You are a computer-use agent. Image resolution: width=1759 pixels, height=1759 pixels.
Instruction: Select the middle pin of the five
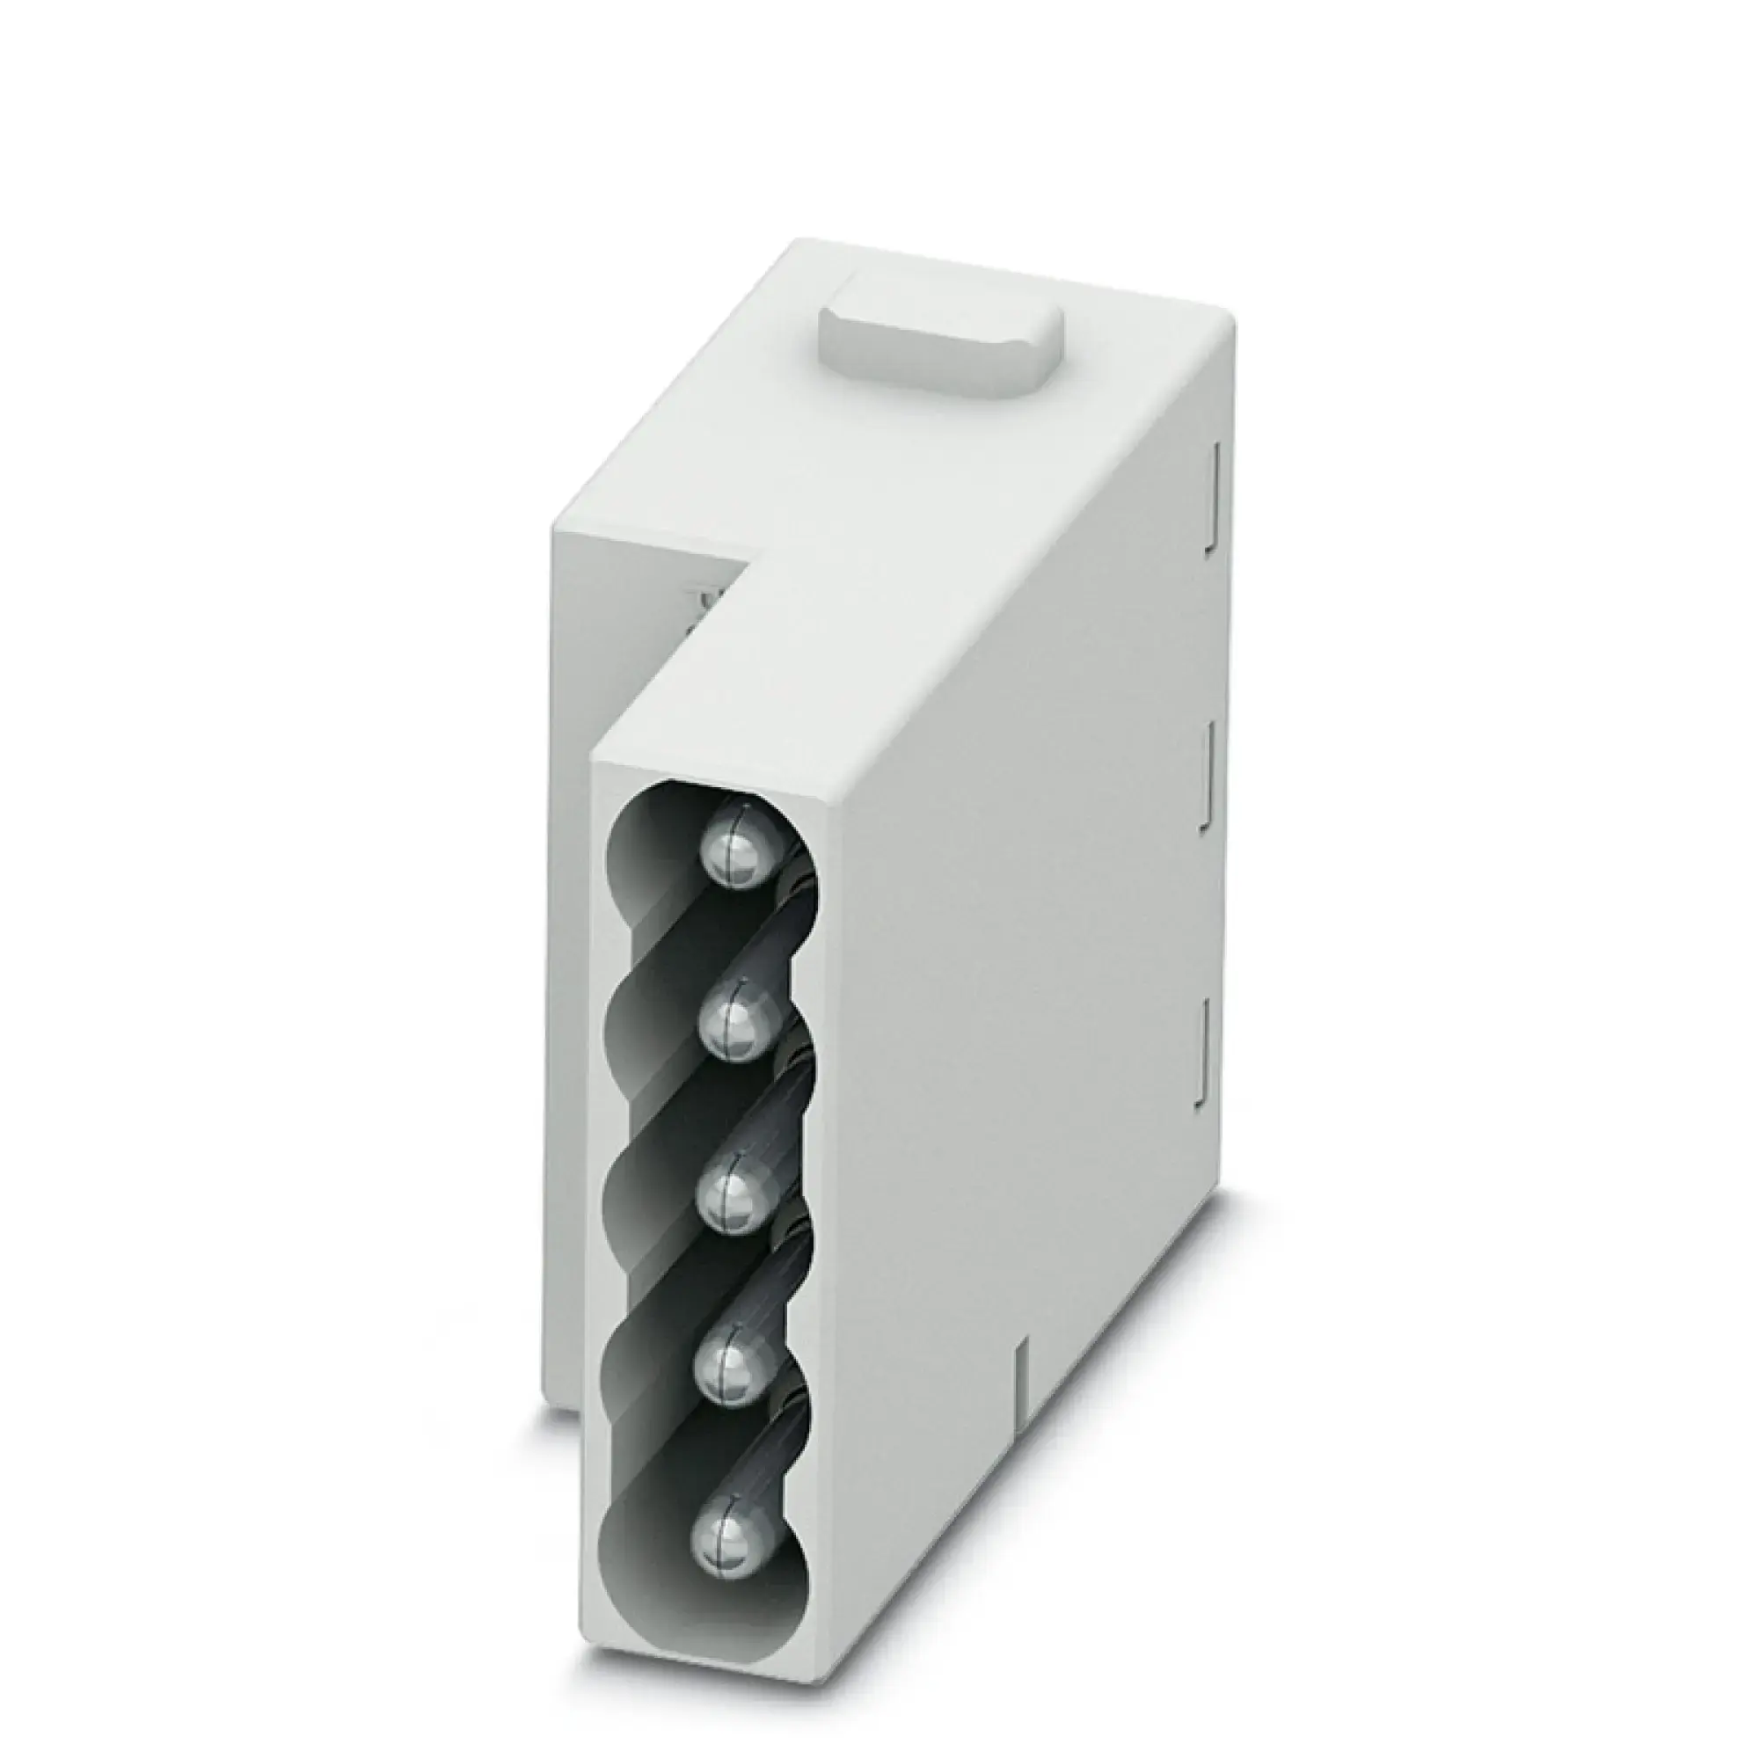pyautogui.click(x=734, y=1199)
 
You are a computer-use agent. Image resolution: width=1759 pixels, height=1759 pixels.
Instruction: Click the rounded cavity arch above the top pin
pyautogui.click(x=674, y=801)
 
